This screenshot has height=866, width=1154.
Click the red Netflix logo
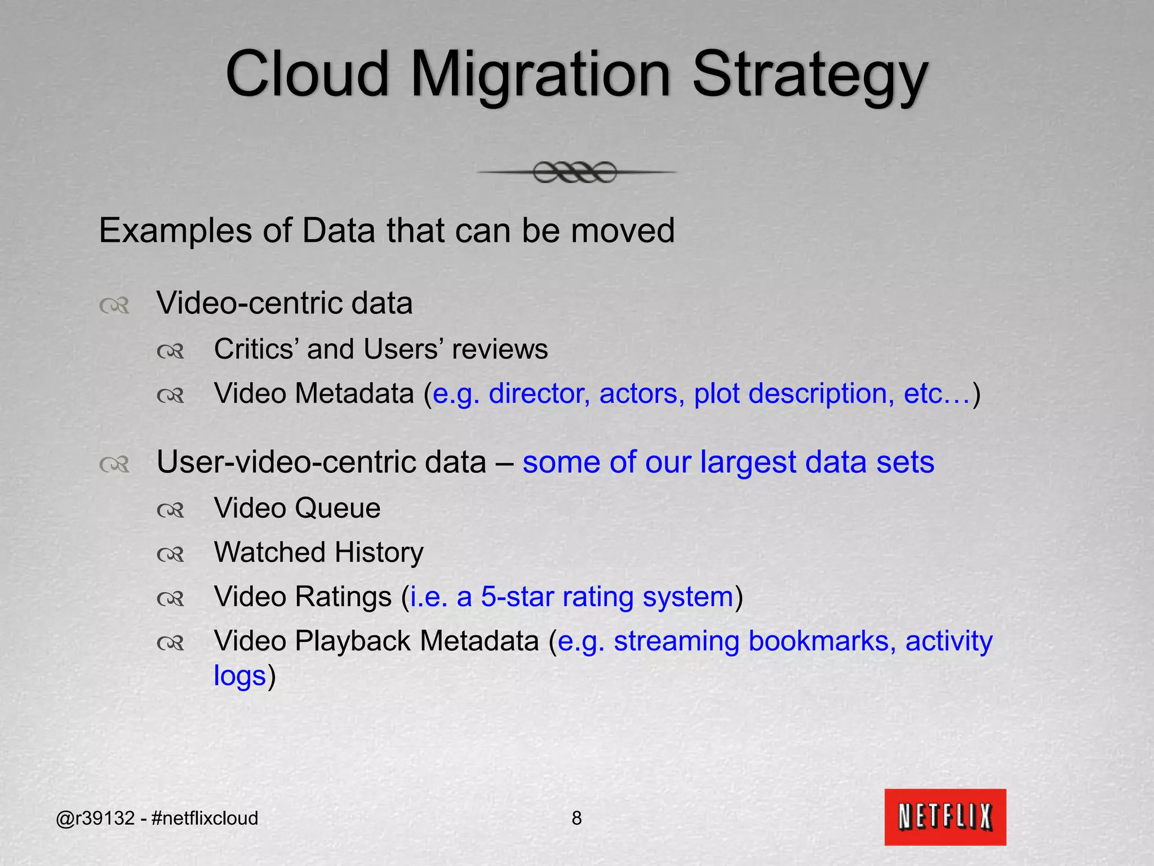coord(945,816)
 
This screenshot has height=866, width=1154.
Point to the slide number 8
coord(576,818)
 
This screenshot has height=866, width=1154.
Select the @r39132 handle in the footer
coord(95,818)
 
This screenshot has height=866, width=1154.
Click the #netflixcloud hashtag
coord(205,818)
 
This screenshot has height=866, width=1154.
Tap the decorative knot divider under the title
coord(575,172)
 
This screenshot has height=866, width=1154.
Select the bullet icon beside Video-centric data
coord(114,306)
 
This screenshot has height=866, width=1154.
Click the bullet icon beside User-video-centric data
coord(114,465)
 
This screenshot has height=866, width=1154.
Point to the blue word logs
coord(239,676)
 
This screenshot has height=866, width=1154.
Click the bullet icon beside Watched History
coord(170,555)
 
